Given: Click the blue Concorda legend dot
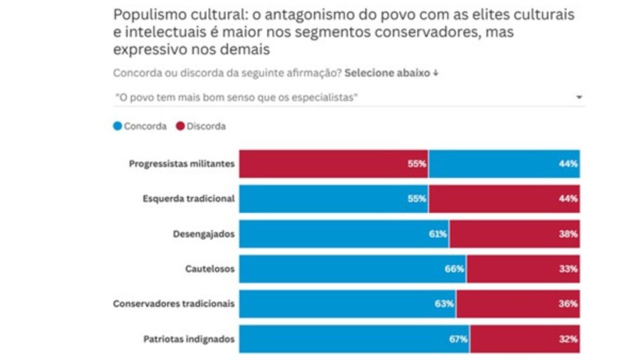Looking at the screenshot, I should (x=117, y=126).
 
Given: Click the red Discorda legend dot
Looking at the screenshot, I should (x=180, y=126).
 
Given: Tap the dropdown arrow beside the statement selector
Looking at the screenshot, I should (x=579, y=97).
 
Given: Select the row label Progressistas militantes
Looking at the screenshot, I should (x=182, y=164).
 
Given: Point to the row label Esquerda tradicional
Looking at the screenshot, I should (x=188, y=199).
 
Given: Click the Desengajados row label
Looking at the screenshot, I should (x=204, y=234).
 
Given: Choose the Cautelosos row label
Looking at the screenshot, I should (x=210, y=269).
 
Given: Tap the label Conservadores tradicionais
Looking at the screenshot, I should (x=174, y=304).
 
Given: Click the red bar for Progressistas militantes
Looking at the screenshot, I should (x=333, y=164).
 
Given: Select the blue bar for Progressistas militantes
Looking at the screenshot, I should (x=504, y=164).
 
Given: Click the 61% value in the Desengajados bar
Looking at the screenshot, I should (x=437, y=234).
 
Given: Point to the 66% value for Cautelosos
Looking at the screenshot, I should (x=454, y=269).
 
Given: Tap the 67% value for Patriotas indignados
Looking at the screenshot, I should (x=458, y=339).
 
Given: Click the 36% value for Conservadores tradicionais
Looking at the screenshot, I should (x=569, y=304).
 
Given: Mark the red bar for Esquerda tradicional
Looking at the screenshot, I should (x=504, y=199).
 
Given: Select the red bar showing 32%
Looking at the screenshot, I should (x=525, y=339).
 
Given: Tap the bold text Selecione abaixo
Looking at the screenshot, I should (x=387, y=72).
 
